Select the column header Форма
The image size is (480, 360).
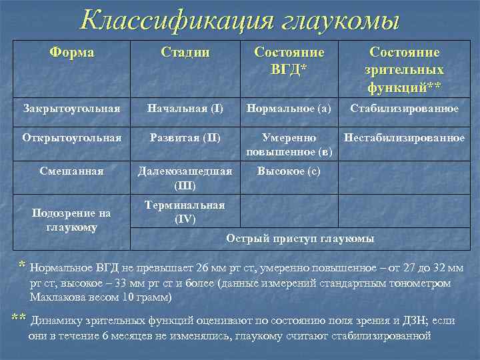(72, 53)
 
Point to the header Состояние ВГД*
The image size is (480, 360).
(289, 61)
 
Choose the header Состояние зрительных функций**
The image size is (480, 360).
(404, 69)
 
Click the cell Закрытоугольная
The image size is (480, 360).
(71, 108)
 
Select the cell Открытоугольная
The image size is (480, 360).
(72, 138)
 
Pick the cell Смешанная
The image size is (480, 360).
(72, 171)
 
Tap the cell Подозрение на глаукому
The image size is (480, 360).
(72, 220)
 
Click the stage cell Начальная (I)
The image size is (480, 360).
(185, 108)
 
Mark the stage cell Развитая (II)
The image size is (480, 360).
(185, 138)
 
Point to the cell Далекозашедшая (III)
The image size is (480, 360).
(185, 177)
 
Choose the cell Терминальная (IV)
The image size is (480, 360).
(185, 211)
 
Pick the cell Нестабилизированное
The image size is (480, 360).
(404, 138)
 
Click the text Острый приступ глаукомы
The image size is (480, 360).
(300, 238)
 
